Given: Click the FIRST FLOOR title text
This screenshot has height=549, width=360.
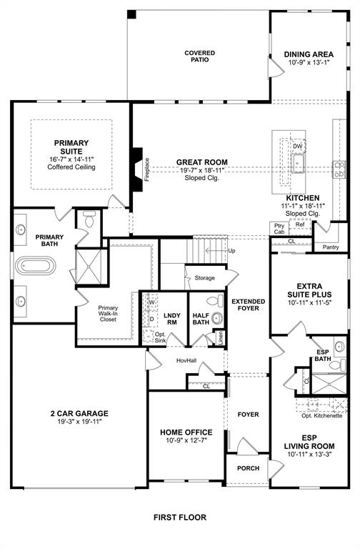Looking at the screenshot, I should [x=179, y=516].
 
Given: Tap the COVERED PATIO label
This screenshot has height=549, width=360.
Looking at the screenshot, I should [x=199, y=56].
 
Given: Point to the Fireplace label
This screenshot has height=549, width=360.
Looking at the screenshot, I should [x=146, y=169].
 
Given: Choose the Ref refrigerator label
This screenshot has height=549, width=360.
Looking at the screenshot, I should [x=300, y=224].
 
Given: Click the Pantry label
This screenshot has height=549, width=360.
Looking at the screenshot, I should [x=330, y=247].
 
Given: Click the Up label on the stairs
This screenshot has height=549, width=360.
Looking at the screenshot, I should [x=231, y=251].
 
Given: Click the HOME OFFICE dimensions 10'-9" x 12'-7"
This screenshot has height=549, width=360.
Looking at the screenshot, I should [x=186, y=441].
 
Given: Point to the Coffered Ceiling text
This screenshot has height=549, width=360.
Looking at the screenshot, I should [x=71, y=167].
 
